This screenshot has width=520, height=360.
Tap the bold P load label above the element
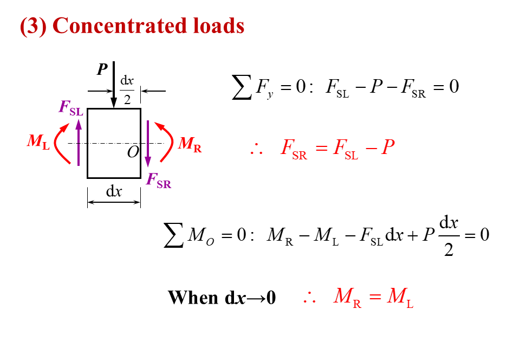101,69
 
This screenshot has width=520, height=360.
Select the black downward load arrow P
114,87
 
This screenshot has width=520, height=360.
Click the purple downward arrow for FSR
148,144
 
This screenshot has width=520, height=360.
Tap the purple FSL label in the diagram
71,108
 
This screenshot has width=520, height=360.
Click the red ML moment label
38,142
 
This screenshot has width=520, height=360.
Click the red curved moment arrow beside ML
61,143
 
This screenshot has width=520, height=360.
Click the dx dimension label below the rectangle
113,191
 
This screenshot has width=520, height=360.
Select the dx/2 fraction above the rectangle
127,89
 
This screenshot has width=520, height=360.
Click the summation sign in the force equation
242,87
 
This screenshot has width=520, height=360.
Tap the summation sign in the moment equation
173,235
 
